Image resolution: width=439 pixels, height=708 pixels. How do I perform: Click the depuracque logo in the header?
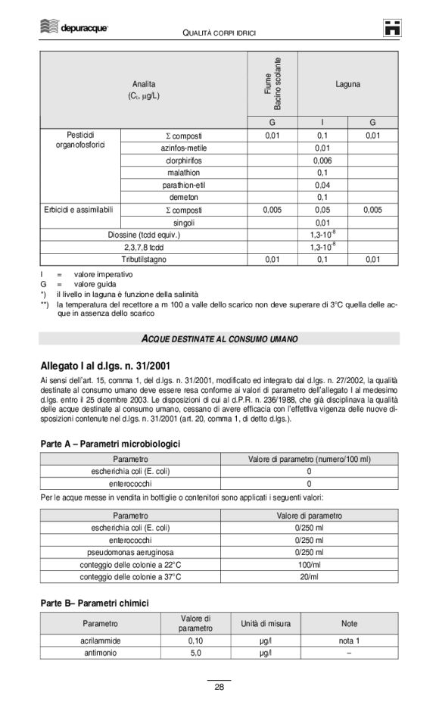(x=73, y=28)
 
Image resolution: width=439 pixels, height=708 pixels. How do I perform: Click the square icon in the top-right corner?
(x=391, y=28)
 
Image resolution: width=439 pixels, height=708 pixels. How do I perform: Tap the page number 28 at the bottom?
(x=219, y=687)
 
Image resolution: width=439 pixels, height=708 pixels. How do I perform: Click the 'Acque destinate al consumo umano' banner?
(x=219, y=336)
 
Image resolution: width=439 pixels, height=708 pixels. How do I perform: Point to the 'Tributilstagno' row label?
(x=144, y=259)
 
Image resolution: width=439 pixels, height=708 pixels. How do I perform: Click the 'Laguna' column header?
(x=347, y=84)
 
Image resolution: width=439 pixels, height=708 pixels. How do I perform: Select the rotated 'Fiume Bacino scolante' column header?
(x=272, y=83)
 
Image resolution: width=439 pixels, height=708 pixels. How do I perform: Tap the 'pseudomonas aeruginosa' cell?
(x=130, y=552)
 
